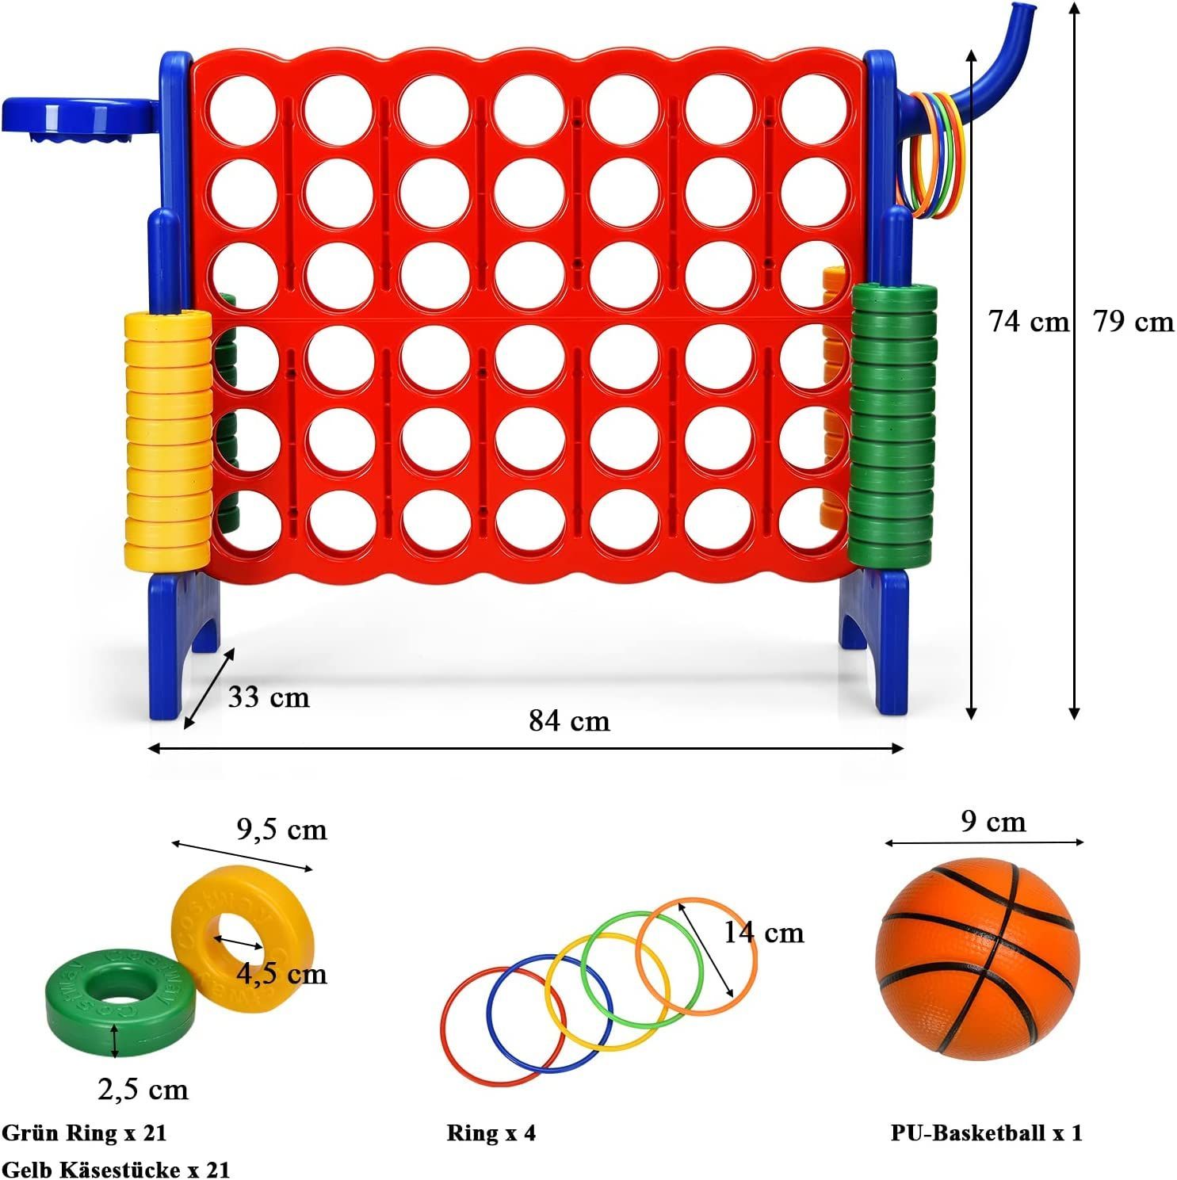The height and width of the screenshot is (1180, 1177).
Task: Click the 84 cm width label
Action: coord(569,720)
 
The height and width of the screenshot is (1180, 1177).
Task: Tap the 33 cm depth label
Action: coord(269,697)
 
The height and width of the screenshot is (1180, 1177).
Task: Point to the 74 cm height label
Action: coord(1028,321)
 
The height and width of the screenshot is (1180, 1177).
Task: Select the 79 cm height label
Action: coord(1133,321)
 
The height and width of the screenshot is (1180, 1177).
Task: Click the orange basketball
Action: coord(978,959)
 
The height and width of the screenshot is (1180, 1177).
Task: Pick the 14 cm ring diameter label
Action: coord(764,932)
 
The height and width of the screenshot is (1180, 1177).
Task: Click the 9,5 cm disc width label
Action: coord(281,829)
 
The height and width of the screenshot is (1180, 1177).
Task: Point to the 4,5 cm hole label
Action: coord(281,973)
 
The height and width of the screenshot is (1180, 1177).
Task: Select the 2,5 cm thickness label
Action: coord(143,1089)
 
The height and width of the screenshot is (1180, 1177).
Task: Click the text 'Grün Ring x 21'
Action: coord(85,1132)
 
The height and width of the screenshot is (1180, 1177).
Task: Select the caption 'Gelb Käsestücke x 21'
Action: coord(116,1168)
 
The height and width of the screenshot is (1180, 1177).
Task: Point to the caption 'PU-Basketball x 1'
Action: coord(986,1132)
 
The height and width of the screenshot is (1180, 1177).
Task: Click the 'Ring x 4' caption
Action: coord(491,1132)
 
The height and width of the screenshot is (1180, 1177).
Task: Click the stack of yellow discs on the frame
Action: coord(168,441)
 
